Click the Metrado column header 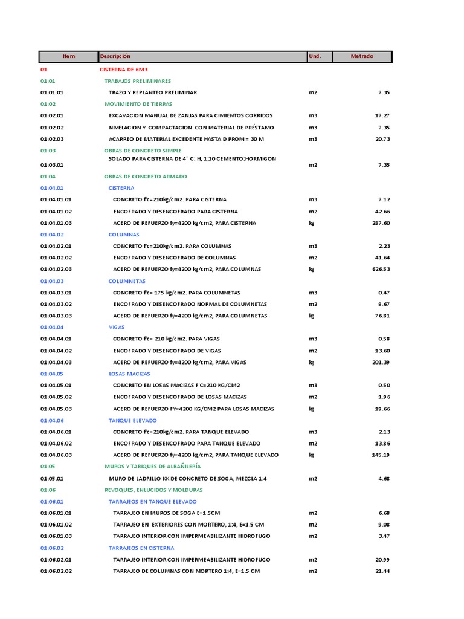(x=362, y=57)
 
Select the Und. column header (x=315, y=57)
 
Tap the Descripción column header (x=115, y=57)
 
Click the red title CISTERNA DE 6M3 (x=123, y=70)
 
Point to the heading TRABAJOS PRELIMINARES (x=137, y=81)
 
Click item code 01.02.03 (x=52, y=139)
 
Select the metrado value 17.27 (x=382, y=115)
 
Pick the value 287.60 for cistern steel (x=381, y=223)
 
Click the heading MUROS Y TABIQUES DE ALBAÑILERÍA (x=152, y=467)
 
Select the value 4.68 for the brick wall (x=384, y=479)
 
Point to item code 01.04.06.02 (x=56, y=444)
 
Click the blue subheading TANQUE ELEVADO (x=133, y=420)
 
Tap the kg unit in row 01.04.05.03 (x=312, y=409)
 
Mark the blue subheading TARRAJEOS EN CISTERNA (x=141, y=548)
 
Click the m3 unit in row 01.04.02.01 (x=313, y=246)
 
